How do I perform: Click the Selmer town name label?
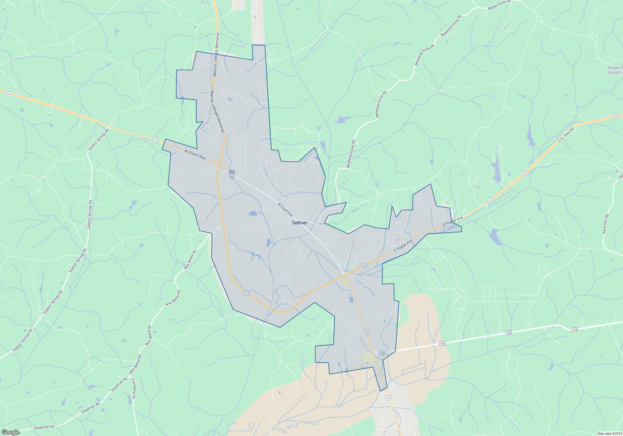pyautogui.click(x=299, y=223)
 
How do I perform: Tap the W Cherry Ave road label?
pyautogui.click(x=195, y=155)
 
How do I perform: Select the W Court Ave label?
pyautogui.click(x=285, y=210)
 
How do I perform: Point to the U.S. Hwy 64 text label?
pyautogui.click(x=566, y=135)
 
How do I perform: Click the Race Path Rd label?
pyautogui.click(x=605, y=224)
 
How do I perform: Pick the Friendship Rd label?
pyautogui.click(x=133, y=388)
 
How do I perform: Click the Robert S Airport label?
pyautogui.click(x=615, y=70)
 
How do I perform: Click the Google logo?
pyautogui.click(x=11, y=432)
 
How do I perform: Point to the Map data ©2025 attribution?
pyautogui.click(x=609, y=434)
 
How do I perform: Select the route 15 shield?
pyautogui.click(x=526, y=173)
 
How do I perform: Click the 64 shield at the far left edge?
pyautogui.click(x=8, y=94)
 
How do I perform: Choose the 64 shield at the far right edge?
pyautogui.click(x=615, y=116)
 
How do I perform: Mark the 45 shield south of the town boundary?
pyautogui.click(x=388, y=398)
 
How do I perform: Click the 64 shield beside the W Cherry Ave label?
pyautogui.click(x=155, y=140)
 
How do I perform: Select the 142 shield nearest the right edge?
pyautogui.click(x=574, y=329)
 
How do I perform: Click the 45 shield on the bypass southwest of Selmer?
pyautogui.click(x=246, y=293)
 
